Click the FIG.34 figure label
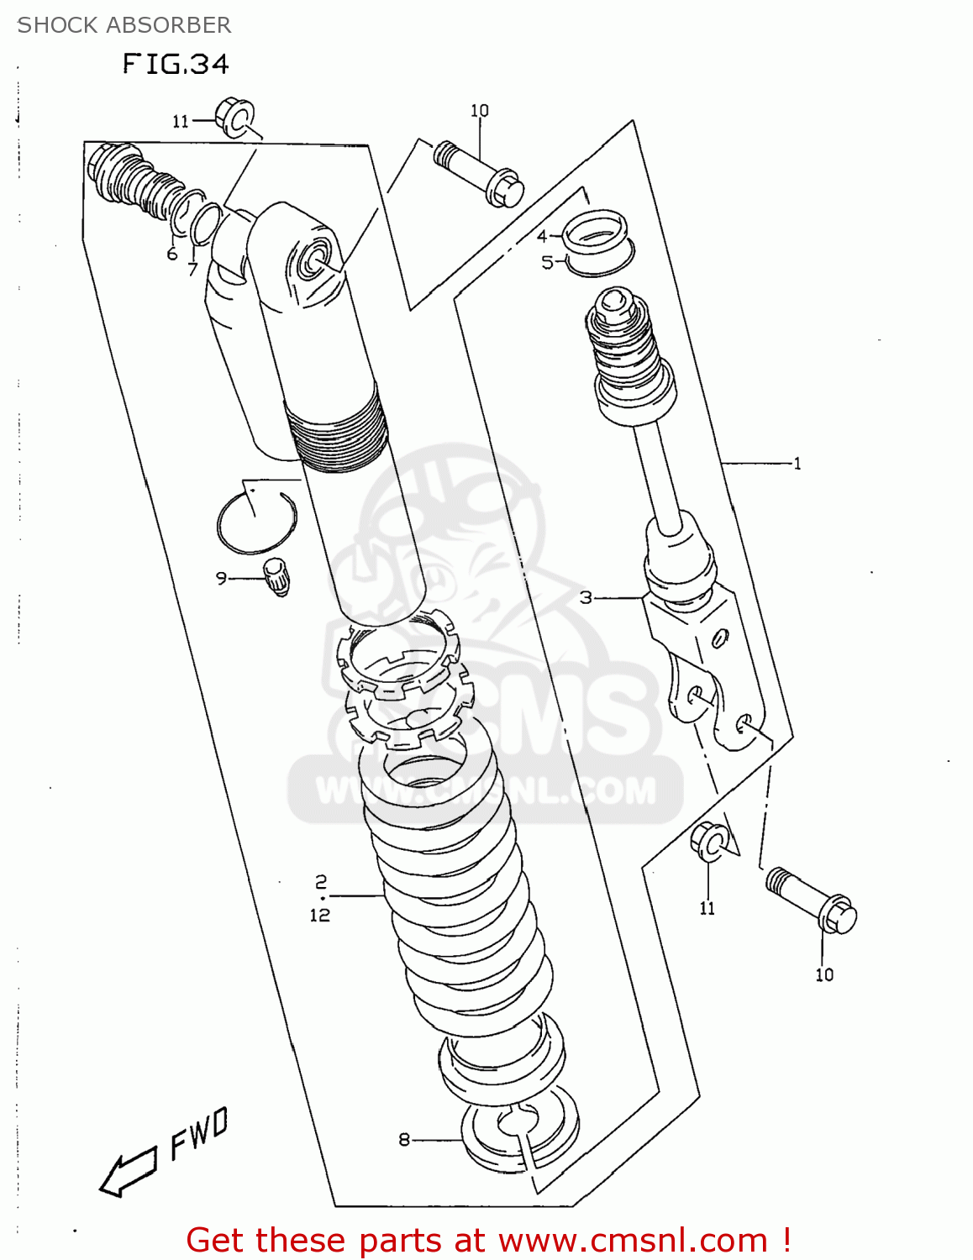click(176, 65)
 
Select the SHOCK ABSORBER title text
click(124, 25)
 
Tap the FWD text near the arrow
click(199, 1133)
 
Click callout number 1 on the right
click(797, 463)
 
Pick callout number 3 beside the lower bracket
click(586, 597)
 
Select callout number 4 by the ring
click(542, 236)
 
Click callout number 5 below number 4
click(547, 263)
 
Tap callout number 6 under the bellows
click(172, 254)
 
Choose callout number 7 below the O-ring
click(192, 270)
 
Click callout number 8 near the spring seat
click(404, 1140)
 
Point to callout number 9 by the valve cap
click(221, 578)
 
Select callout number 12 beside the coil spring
click(320, 915)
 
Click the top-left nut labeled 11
click(234, 117)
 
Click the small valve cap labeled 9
click(276, 576)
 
